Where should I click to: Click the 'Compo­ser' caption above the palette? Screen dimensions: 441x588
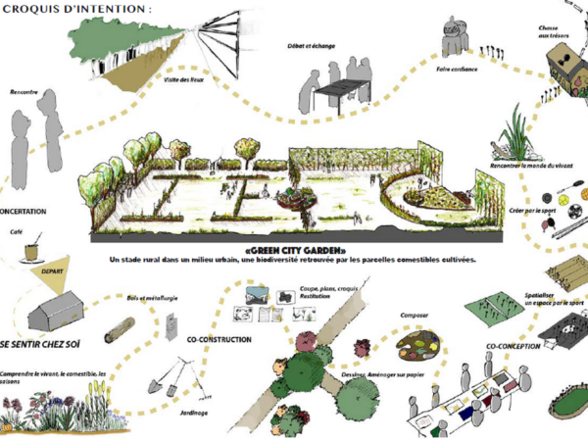pyautogui.click(x=415, y=315)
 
